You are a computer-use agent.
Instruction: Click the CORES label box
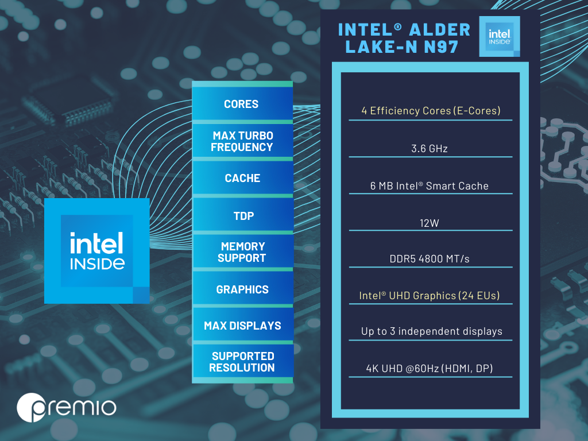pyautogui.click(x=242, y=103)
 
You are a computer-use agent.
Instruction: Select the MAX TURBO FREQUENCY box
pyautogui.click(x=242, y=141)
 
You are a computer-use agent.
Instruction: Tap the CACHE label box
pyautogui.click(x=242, y=178)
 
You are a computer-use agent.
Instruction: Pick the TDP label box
pyautogui.click(x=242, y=215)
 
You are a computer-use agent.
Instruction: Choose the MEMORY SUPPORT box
pyautogui.click(x=242, y=252)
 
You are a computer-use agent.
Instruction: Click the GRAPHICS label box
pyautogui.click(x=242, y=289)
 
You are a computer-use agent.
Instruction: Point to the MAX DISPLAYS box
pyautogui.click(x=242, y=325)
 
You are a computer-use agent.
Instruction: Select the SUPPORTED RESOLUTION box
pyautogui.click(x=242, y=362)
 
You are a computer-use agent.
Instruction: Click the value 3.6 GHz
pyautogui.click(x=430, y=149)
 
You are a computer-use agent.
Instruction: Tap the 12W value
pyautogui.click(x=430, y=223)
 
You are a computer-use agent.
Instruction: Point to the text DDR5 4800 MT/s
pyautogui.click(x=430, y=259)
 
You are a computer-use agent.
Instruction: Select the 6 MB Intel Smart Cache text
pyautogui.click(x=430, y=186)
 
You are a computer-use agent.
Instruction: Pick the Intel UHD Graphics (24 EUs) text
pyautogui.click(x=430, y=296)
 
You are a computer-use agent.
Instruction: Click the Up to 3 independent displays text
pyautogui.click(x=432, y=331)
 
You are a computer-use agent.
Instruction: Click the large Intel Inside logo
pyautogui.click(x=96, y=251)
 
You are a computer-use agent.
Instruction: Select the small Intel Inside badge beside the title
pyautogui.click(x=500, y=36)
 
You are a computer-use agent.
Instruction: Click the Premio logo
pyautogui.click(x=67, y=408)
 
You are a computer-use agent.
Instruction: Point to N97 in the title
pyautogui.click(x=441, y=47)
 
